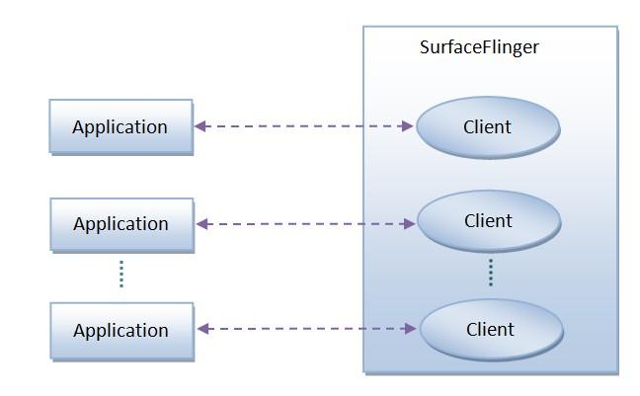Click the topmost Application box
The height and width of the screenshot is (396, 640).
click(x=120, y=126)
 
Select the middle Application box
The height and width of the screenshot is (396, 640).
click(x=121, y=224)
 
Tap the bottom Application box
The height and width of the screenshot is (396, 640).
click(x=121, y=330)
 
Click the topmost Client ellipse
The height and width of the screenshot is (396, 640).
click(x=487, y=126)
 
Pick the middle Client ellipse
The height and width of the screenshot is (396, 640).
click(x=488, y=221)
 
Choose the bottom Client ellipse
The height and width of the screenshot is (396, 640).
click(x=491, y=329)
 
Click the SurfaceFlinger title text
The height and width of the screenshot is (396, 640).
click(x=479, y=46)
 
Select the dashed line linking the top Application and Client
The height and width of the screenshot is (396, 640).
click(x=302, y=126)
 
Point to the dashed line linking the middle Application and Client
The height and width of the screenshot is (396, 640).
click(x=304, y=224)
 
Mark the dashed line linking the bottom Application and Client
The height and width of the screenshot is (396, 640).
click(x=306, y=328)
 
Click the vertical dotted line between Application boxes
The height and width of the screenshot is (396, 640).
click(x=121, y=273)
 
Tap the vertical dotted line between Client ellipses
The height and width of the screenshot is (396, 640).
click(x=490, y=272)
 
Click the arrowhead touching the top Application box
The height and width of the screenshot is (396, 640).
click(x=200, y=126)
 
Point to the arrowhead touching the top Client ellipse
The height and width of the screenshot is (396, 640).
click(x=407, y=126)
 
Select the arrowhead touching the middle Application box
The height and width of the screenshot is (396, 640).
click(x=202, y=224)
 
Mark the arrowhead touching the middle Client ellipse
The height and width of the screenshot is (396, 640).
click(x=409, y=224)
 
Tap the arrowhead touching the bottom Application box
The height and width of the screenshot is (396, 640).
click(x=203, y=328)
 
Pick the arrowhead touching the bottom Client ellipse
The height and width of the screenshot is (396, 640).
click(x=412, y=328)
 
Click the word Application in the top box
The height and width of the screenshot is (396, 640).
click(x=120, y=127)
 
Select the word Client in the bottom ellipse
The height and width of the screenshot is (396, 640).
click(x=491, y=329)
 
